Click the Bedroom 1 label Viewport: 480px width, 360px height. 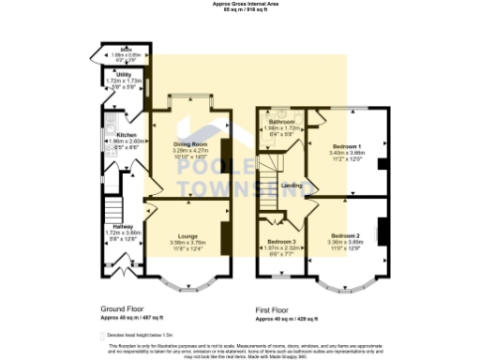tap(344, 146)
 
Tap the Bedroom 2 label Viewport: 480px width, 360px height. tap(344, 234)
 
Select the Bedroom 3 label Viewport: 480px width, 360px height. tap(280, 241)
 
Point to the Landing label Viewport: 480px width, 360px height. tap(292, 186)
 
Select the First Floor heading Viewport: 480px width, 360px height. tap(278, 307)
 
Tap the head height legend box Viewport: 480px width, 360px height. tap(103, 334)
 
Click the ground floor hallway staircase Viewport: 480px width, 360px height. tap(113, 205)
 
